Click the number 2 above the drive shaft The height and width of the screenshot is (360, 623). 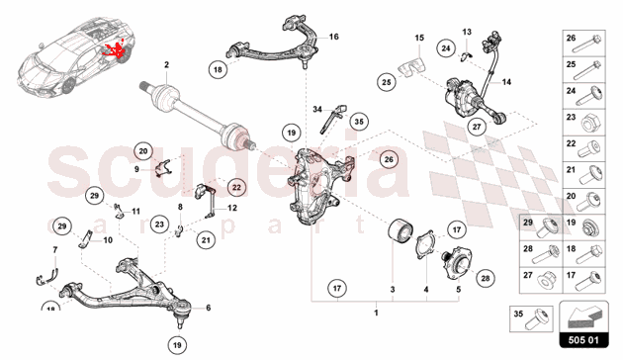(x=166, y=64)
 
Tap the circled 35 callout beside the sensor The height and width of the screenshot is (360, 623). (x=359, y=122)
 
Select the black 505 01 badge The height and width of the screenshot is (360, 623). (x=583, y=340)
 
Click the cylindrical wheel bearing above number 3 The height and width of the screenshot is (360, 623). (x=400, y=231)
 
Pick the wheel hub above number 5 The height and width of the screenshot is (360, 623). (x=458, y=261)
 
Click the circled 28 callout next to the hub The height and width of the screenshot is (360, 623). (x=486, y=278)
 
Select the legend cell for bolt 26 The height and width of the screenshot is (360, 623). (x=584, y=44)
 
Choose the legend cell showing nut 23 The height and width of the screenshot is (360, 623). (x=584, y=123)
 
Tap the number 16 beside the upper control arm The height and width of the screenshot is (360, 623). (x=334, y=37)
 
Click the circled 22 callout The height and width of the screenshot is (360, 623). (x=236, y=187)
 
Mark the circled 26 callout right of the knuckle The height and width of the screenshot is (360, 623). (x=389, y=159)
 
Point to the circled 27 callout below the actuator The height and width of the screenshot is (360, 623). (x=477, y=127)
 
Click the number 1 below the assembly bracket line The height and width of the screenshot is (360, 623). (x=376, y=314)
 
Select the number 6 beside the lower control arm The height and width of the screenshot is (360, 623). (x=209, y=308)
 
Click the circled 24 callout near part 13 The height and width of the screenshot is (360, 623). (x=446, y=48)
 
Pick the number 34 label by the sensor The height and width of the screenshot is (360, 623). (x=317, y=109)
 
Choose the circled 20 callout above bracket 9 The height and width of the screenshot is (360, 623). (x=143, y=151)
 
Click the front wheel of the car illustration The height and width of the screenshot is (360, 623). (x=69, y=86)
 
